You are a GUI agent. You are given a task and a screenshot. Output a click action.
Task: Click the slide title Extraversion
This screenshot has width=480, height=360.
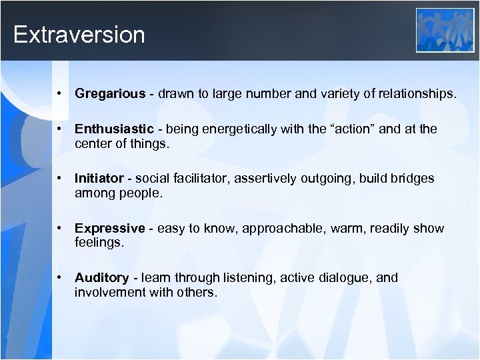79,35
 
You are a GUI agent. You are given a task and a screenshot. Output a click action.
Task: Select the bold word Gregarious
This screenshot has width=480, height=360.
109,94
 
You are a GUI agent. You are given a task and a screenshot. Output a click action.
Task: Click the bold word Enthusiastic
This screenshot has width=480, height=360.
114,129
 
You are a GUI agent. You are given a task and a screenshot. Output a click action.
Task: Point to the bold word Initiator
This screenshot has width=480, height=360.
99,179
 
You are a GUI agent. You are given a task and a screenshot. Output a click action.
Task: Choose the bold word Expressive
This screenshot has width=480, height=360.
109,229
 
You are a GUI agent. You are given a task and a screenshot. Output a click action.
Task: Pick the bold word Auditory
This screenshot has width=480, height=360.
101,278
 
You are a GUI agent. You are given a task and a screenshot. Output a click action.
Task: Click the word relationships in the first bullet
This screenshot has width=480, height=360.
417,94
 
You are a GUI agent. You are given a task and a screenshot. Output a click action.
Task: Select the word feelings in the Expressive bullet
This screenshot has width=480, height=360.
99,243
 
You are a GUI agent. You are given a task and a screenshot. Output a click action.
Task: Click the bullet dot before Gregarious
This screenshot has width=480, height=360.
60,94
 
